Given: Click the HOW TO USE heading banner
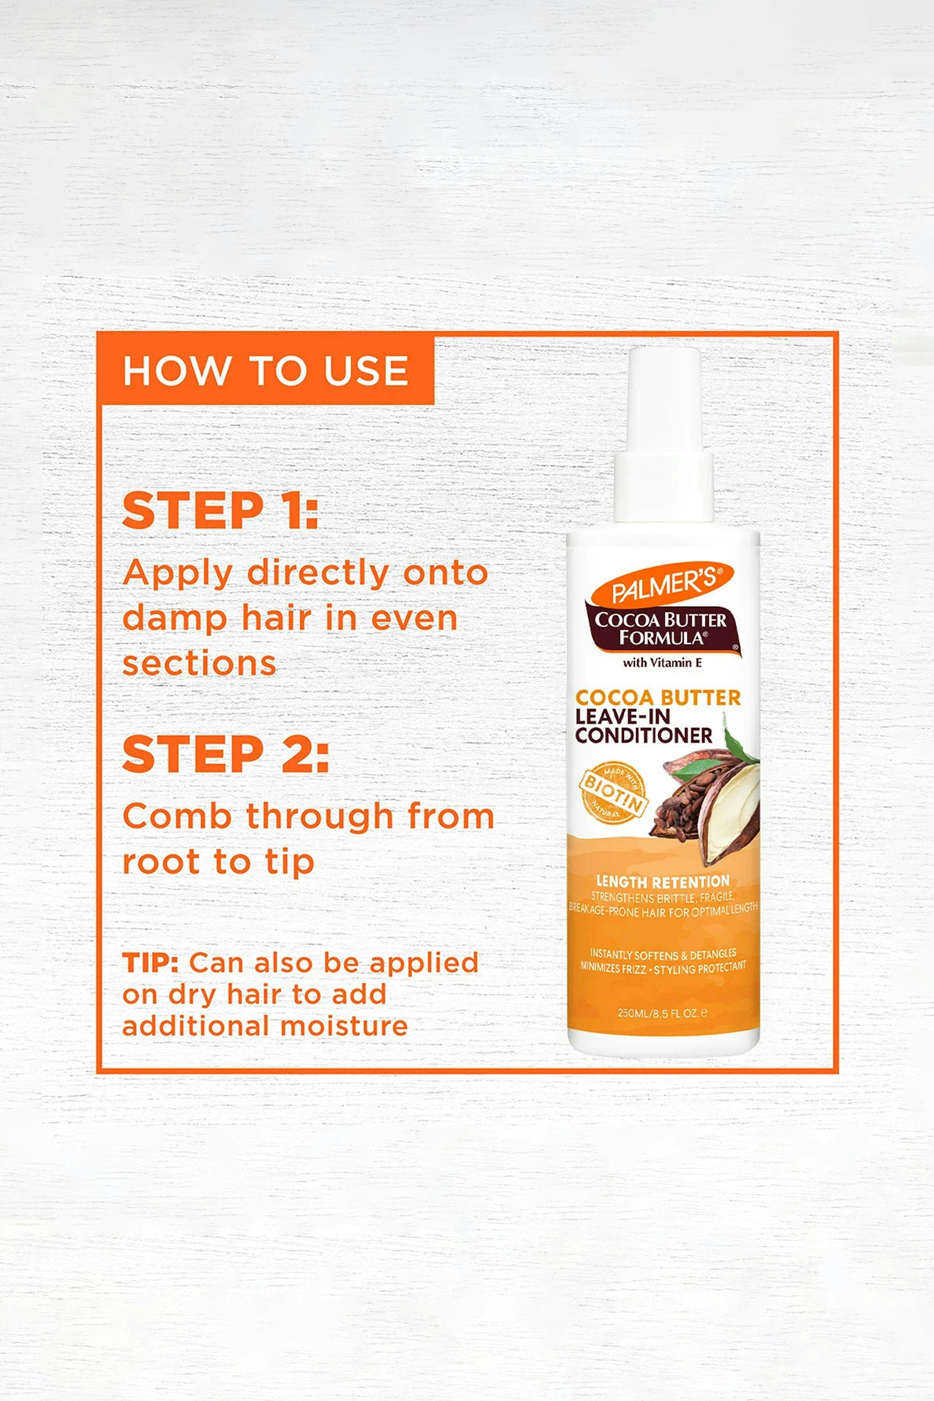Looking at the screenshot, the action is click(266, 369).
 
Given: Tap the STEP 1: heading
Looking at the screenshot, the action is click(220, 510).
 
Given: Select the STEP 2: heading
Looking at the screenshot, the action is click(225, 754).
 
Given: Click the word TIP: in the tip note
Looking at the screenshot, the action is click(150, 962).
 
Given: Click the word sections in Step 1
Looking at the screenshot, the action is click(199, 664).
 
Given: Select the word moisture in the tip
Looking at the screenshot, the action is click(344, 1026).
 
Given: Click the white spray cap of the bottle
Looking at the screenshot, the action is click(664, 434).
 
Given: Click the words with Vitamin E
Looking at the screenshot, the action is click(662, 662).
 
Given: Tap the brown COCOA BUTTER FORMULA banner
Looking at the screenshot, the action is click(663, 629).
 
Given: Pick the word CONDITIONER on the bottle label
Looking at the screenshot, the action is click(644, 736).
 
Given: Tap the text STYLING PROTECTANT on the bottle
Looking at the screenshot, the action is click(700, 968).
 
